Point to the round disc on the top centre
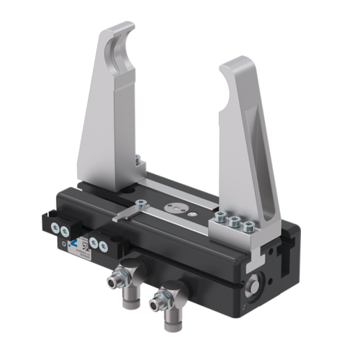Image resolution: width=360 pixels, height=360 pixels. [x=174, y=207]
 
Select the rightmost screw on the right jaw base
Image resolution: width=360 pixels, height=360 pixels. [x=249, y=227]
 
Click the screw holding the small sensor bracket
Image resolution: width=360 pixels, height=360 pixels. [x=143, y=206]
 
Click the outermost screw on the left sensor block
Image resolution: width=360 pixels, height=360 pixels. [x=55, y=228]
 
